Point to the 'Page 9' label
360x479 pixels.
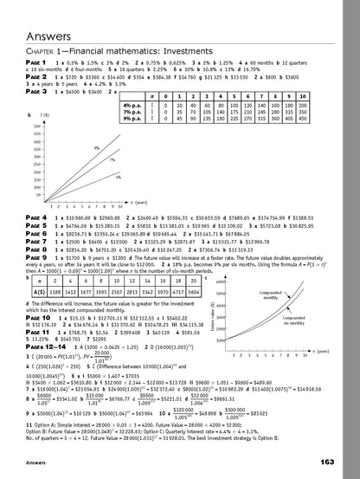(38, 257)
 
